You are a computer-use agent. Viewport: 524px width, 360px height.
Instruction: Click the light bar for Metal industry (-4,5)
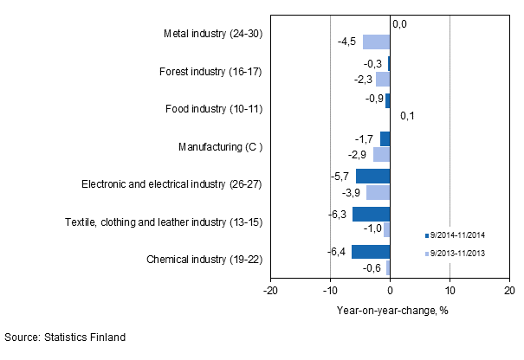coord(377,42)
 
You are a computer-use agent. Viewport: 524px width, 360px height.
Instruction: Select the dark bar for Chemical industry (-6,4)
coord(371,252)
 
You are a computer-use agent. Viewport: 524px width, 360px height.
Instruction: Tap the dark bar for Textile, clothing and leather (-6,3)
coord(371,214)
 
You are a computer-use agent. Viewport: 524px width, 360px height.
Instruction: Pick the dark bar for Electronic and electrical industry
coord(372,177)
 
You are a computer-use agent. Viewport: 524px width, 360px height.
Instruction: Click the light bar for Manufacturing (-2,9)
coord(381,154)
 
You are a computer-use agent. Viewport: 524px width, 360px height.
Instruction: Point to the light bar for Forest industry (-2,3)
coord(383,80)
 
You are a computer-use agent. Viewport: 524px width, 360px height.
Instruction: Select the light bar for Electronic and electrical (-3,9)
coord(378,192)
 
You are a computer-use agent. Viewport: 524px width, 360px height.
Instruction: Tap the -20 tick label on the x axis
coord(270,291)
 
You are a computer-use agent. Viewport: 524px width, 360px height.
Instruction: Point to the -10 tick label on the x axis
coord(330,291)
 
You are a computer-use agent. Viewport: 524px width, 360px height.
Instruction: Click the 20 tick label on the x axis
coord(509,291)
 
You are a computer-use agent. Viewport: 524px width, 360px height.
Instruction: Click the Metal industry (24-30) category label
coord(212,35)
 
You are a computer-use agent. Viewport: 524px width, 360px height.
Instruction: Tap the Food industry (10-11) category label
coord(213,109)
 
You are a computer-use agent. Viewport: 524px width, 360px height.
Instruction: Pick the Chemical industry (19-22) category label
coord(204,259)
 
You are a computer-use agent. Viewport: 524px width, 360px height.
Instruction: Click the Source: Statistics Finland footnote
coord(66,337)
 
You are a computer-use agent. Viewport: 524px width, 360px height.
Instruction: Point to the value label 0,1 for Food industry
coord(407,115)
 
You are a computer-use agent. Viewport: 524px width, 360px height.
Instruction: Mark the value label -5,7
coord(340,177)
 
